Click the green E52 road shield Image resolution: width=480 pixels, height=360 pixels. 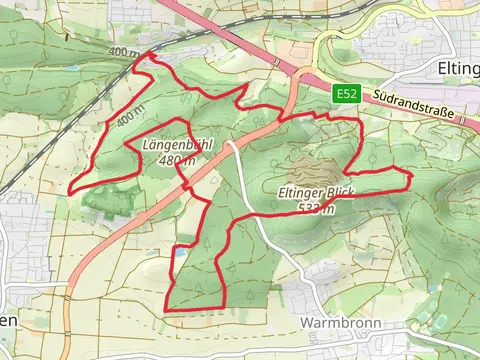tap(347, 93)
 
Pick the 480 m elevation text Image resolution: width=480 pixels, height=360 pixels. tap(177, 160)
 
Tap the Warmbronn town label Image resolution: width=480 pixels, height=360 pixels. tap(336, 323)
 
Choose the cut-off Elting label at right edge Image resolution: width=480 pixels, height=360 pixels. tap(459, 67)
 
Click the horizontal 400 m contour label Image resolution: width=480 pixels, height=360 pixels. tap(124, 52)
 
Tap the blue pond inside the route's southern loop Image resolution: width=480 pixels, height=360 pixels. tap(180, 253)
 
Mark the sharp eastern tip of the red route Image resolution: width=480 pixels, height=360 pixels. tap(410, 177)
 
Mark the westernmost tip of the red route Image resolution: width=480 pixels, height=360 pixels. tap(69, 192)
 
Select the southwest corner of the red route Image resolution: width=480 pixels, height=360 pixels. tap(165, 309)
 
